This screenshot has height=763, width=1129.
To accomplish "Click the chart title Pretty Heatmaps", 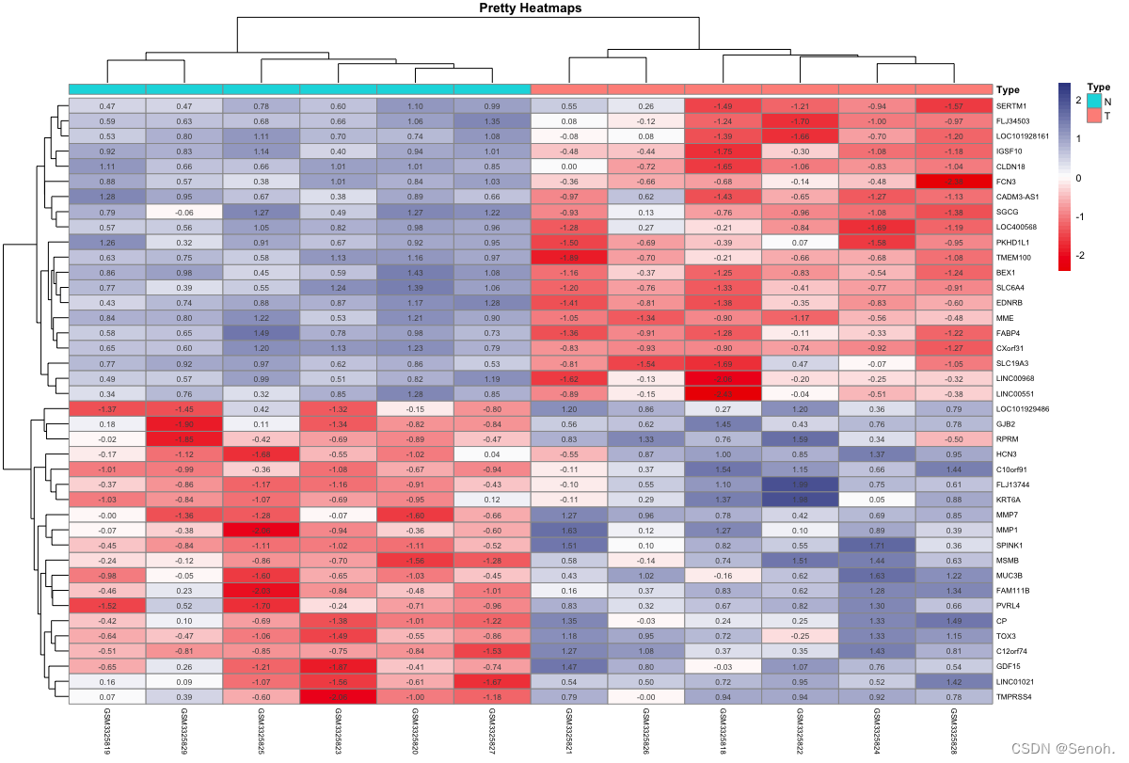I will click(x=531, y=8).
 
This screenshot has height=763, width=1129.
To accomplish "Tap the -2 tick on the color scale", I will click(x=1080, y=255).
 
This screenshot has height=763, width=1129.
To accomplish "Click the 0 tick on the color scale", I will click(x=1080, y=177).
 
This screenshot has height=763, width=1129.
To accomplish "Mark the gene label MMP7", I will click(x=1009, y=516).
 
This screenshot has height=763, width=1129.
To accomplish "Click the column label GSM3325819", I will click(x=107, y=733).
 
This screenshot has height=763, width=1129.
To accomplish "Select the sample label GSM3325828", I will click(x=954, y=733).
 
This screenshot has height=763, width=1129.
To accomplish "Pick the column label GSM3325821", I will click(x=569, y=733).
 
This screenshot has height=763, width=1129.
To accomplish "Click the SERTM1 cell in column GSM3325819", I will click(x=107, y=107).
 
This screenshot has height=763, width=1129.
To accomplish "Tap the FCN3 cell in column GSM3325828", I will click(x=954, y=181).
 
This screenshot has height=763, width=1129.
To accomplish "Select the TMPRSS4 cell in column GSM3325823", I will click(x=338, y=696).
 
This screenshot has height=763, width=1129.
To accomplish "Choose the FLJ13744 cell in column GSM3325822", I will click(x=800, y=484).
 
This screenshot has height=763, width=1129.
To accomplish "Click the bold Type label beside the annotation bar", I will click(x=1008, y=90).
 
